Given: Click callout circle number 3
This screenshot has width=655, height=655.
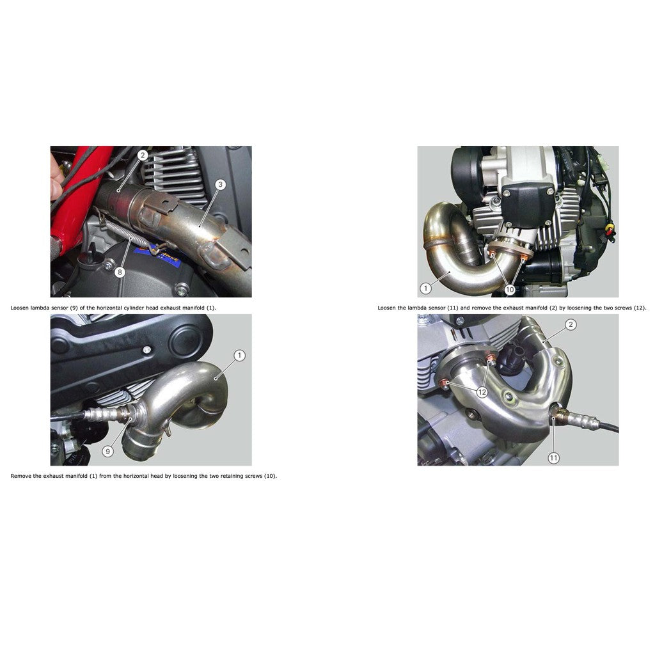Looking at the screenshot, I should [x=219, y=185].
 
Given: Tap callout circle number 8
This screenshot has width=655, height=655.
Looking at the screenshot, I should [x=119, y=272].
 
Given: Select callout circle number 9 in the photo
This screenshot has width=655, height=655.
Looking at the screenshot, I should [x=107, y=451].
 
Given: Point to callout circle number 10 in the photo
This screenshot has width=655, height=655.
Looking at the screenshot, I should [x=510, y=290].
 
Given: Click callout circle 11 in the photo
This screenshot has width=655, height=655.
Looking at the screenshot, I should [x=553, y=457].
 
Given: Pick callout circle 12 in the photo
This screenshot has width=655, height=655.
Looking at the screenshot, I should [x=481, y=391].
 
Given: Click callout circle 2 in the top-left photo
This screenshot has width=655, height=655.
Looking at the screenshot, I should [x=143, y=155].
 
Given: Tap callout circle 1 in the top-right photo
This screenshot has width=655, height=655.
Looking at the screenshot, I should [x=425, y=288].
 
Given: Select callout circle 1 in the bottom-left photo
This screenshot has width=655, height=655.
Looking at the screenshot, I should [x=239, y=355].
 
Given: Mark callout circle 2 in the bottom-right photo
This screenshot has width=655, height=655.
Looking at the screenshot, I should [x=571, y=324].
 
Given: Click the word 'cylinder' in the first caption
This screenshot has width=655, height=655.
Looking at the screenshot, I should [x=141, y=308].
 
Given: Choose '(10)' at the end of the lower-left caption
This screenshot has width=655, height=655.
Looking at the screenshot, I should [x=270, y=476].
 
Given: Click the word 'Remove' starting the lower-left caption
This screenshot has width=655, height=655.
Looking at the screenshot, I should [x=20, y=476].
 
